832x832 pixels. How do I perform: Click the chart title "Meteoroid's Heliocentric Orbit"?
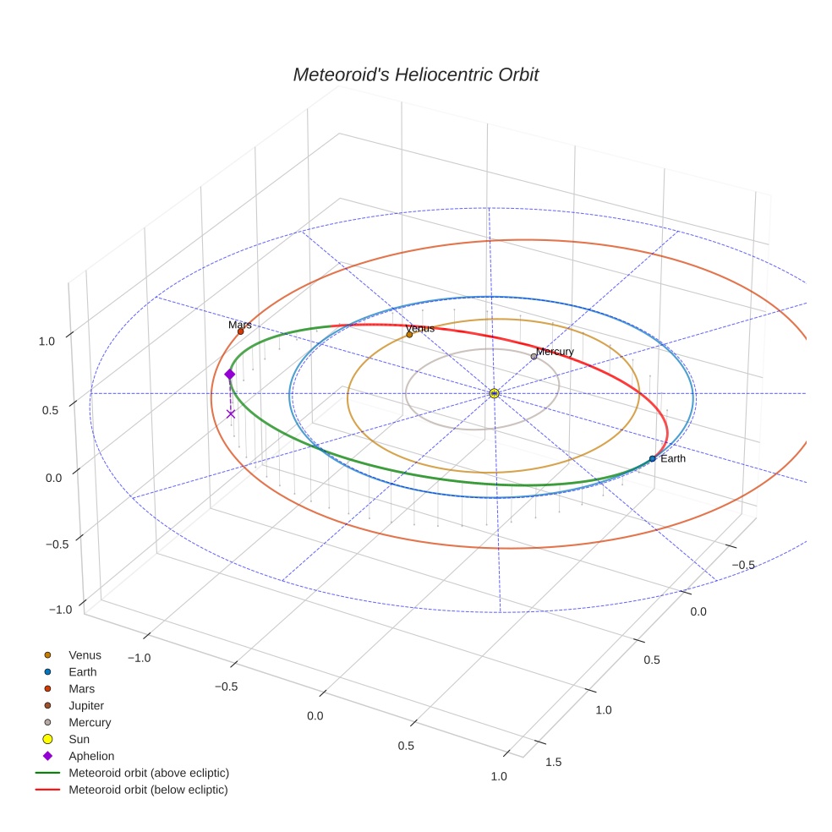tap(415, 75)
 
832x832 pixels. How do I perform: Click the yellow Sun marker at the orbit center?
tap(494, 393)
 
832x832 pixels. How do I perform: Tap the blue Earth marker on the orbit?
tap(652, 458)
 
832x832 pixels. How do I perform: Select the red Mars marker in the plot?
tap(240, 331)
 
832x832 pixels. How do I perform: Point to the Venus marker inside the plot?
tap(409, 334)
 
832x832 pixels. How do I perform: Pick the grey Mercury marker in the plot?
tap(534, 356)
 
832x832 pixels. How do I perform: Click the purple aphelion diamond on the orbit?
tap(229, 374)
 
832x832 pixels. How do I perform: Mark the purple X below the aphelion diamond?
tap(231, 413)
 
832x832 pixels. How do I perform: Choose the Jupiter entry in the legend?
tap(85, 705)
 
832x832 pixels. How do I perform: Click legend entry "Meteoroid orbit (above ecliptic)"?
tap(149, 773)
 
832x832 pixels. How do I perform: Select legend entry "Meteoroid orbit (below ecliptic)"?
tap(148, 790)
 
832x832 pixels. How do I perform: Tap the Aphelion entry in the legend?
tap(90, 756)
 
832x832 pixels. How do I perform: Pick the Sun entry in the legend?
tap(79, 739)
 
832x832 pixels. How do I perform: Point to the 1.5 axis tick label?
tap(554, 762)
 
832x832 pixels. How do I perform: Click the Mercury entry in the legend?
tap(90, 722)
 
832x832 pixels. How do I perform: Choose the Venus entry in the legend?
tap(85, 654)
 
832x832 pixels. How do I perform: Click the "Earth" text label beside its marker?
tap(673, 458)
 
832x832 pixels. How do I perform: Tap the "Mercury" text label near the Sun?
tap(555, 352)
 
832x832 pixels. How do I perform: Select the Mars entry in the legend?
tap(81, 688)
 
